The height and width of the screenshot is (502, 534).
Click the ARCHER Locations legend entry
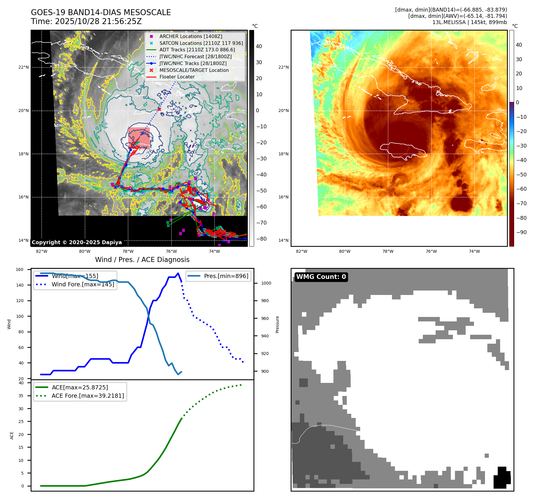point(190,36)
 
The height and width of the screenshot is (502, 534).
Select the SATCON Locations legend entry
point(201,43)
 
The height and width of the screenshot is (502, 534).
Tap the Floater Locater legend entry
point(177,77)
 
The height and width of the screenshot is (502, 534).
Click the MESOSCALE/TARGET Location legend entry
point(194,70)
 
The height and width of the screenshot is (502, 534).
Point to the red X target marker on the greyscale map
point(159,109)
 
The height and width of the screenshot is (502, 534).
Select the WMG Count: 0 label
point(321,277)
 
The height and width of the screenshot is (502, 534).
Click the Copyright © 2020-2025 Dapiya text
point(77,242)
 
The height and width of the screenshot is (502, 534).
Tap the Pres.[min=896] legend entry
point(226,276)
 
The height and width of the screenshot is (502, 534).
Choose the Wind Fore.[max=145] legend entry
point(83,284)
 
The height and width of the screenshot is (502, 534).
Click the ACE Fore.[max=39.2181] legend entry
point(88,396)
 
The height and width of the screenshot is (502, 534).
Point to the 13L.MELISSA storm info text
point(469,22)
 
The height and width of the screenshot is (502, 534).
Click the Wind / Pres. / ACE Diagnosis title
point(142,260)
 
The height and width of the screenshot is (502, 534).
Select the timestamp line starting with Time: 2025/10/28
point(86,21)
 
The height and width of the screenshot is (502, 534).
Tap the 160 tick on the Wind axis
point(20,269)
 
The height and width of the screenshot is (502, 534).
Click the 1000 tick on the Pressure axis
point(266,283)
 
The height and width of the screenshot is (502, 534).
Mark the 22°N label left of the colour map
point(283,67)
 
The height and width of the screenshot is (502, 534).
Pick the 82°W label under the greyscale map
point(42,251)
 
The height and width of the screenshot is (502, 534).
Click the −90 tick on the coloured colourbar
point(521,232)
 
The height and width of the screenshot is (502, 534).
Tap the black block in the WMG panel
point(502,478)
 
